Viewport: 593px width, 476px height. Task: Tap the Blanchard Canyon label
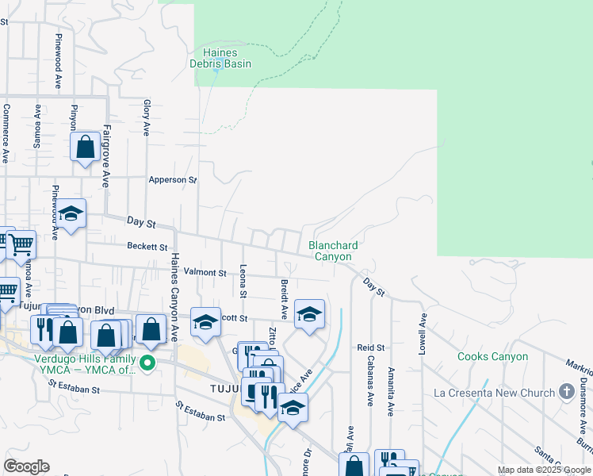[333, 251]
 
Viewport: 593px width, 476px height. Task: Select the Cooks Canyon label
[492, 357]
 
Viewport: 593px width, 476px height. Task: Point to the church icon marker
[566, 391]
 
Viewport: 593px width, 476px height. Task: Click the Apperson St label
[173, 180]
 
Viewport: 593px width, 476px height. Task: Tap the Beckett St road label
[147, 247]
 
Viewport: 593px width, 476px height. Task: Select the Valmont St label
[205, 272]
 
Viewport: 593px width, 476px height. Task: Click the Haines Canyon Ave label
[175, 297]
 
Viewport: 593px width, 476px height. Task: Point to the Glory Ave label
[147, 117]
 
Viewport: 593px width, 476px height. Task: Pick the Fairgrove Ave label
[105, 155]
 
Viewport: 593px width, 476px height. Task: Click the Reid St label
[370, 347]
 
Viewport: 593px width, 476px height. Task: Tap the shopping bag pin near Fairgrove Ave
[85, 147]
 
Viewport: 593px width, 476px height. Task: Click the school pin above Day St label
[71, 213]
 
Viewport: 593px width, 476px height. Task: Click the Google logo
[26, 466]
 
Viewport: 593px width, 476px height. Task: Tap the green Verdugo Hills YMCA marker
[147, 364]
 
